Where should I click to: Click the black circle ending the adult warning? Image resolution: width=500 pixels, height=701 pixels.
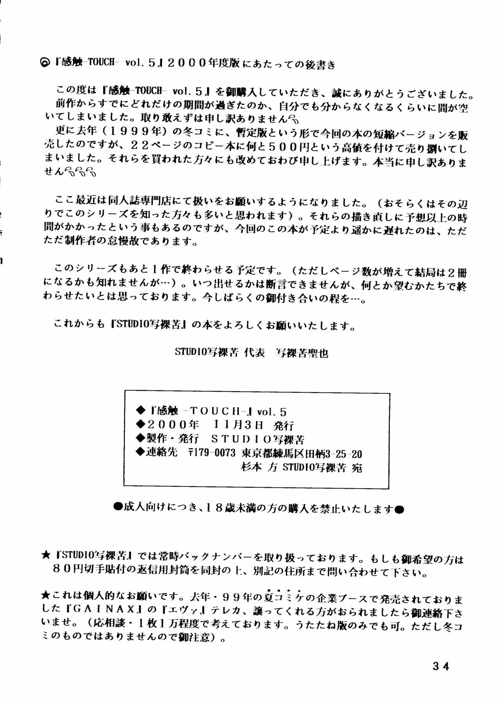click(398, 509)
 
